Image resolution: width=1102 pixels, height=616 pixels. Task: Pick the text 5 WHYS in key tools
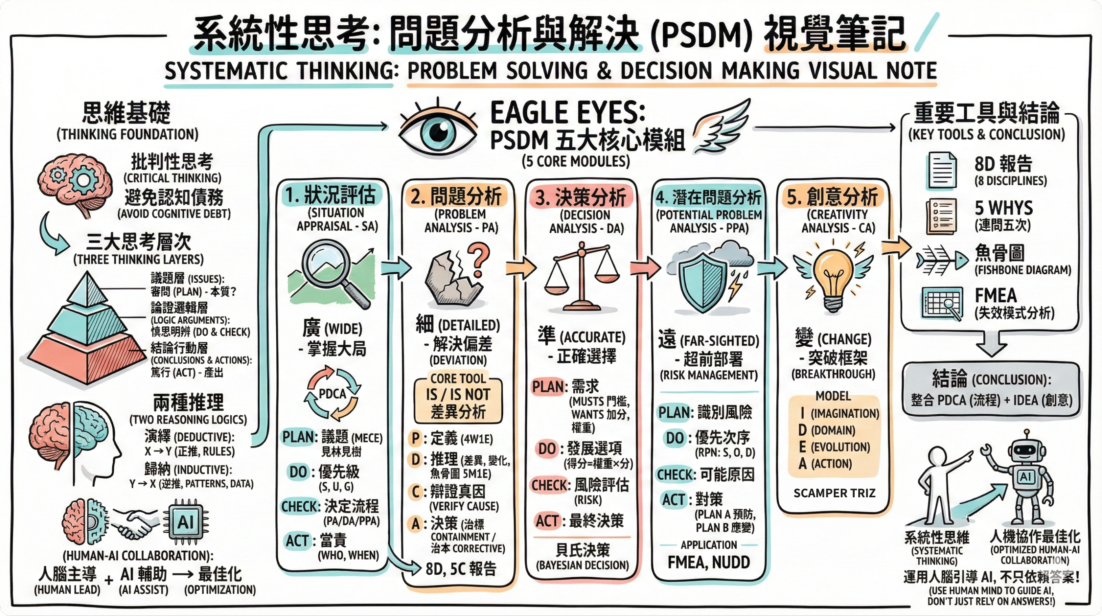click(x=1004, y=208)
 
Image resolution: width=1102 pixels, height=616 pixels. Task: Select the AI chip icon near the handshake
click(x=185, y=522)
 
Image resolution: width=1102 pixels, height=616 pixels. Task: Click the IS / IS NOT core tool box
click(x=458, y=402)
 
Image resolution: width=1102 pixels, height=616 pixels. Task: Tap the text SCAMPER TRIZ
click(x=834, y=493)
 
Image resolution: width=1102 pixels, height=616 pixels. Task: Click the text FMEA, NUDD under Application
click(x=708, y=562)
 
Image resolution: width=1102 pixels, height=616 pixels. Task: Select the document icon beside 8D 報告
click(x=941, y=171)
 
